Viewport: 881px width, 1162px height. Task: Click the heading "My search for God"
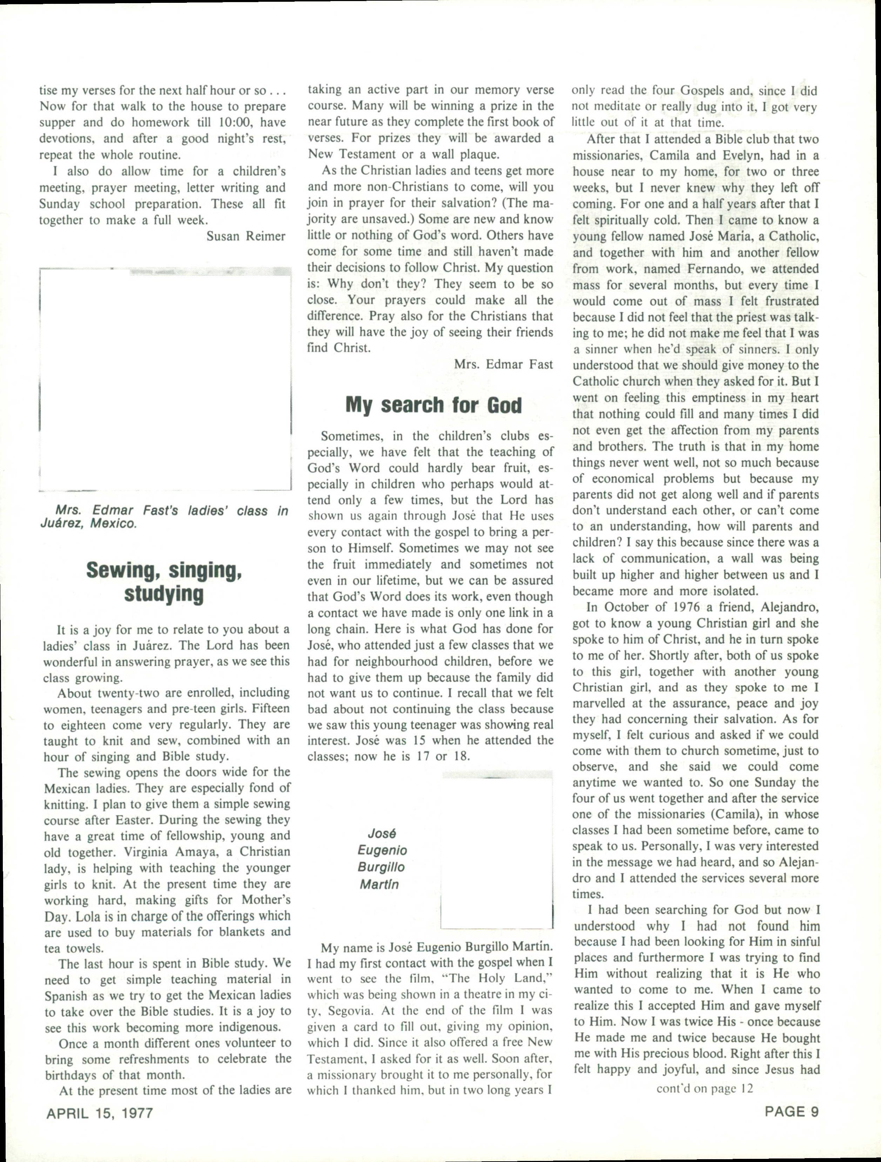(x=433, y=405)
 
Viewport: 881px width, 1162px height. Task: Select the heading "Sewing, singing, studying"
(x=164, y=582)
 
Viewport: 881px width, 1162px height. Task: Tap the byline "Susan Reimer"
(x=246, y=236)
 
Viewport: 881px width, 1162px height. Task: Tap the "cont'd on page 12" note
(x=705, y=1088)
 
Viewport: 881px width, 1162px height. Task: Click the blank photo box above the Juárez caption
(x=166, y=379)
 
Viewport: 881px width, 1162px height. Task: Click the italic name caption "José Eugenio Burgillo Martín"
(x=381, y=859)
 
